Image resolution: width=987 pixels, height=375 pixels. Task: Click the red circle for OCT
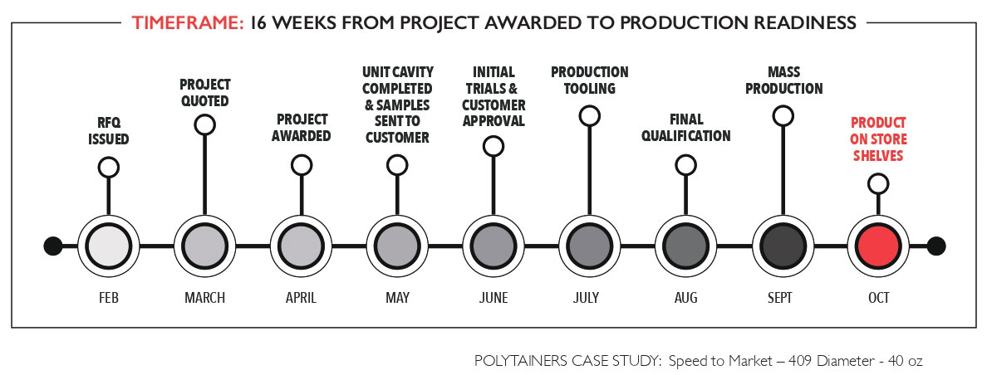pos(878,246)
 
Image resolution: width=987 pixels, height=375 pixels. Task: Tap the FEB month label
pos(109,298)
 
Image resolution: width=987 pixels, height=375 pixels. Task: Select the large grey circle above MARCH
pos(204,246)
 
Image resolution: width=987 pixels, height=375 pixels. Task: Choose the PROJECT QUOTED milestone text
pos(204,92)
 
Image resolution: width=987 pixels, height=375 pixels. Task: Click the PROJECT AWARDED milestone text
pos(302,127)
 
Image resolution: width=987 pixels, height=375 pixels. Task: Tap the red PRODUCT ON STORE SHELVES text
pos(878,139)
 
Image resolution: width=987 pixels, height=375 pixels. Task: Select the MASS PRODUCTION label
pos(783,80)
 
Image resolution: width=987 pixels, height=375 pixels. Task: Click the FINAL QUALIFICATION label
pos(686,127)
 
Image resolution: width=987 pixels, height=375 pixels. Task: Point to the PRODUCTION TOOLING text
pos(590,80)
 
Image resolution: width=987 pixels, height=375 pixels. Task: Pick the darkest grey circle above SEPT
pos(783,246)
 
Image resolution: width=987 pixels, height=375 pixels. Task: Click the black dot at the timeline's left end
pos(53,246)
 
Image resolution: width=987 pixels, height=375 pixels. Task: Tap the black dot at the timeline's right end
pos(936,246)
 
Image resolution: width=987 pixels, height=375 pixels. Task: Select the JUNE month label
pos(494,298)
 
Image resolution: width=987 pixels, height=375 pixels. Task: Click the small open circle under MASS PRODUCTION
pos(783,115)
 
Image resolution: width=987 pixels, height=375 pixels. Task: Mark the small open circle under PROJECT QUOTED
pos(204,124)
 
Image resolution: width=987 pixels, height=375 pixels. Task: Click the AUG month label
pos(686,298)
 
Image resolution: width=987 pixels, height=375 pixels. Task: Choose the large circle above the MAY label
pos(397,246)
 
